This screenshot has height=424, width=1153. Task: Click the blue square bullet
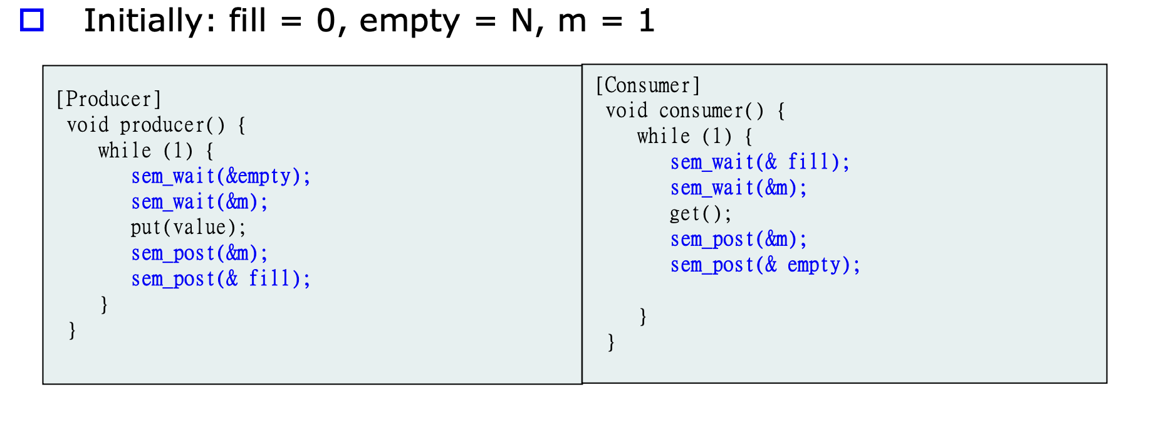(32, 21)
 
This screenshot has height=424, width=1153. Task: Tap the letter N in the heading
(521, 21)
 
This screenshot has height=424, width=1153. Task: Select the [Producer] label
(108, 99)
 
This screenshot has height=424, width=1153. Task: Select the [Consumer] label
(647, 85)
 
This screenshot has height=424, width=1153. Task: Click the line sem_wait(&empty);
(221, 176)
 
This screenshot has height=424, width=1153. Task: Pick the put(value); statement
(188, 227)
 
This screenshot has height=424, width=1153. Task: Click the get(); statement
(700, 214)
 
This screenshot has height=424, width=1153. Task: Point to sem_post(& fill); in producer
(221, 278)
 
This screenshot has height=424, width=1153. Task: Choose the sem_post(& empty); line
(765, 265)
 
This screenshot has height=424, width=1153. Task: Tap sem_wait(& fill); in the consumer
(759, 162)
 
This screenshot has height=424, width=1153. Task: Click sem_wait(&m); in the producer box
(199, 202)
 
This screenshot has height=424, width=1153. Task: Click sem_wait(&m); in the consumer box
(738, 188)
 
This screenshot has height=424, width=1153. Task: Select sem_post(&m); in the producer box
(199, 253)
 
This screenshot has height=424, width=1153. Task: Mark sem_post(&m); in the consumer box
(738, 240)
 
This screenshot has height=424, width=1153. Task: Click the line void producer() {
(156, 125)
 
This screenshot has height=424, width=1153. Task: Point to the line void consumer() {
(695, 111)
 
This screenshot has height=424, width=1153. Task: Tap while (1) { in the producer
(155, 151)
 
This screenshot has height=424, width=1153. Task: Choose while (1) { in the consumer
(694, 137)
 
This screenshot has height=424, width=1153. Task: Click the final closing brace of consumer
(611, 342)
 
